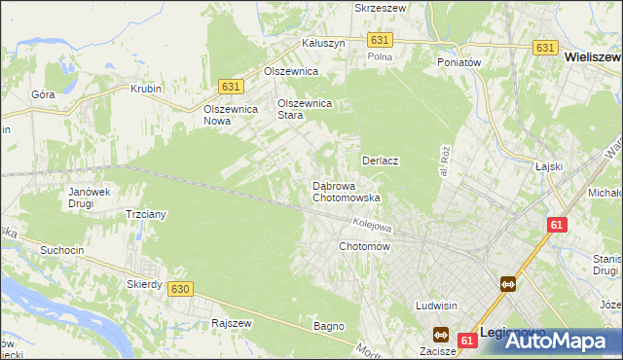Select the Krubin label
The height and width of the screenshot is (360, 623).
(x=145, y=89)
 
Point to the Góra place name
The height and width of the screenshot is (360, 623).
(x=43, y=94)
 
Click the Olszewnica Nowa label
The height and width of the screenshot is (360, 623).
(x=230, y=116)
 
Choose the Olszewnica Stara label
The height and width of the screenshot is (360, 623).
(x=306, y=108)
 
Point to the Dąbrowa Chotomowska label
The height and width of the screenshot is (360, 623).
(x=346, y=191)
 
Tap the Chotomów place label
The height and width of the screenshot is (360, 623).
(x=364, y=247)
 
